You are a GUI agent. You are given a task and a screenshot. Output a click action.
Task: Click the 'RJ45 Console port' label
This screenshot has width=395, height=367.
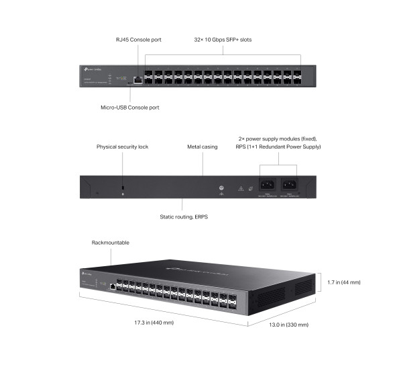[x=138, y=40]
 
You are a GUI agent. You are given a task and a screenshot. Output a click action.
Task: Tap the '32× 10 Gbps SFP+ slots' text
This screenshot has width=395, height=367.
[x=223, y=40]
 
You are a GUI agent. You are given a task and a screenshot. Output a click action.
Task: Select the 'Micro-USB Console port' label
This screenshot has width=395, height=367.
[x=125, y=107]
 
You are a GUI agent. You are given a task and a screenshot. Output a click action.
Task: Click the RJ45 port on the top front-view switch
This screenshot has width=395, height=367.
[x=137, y=79]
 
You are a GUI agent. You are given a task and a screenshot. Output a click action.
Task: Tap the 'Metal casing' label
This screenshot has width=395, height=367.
[x=203, y=146]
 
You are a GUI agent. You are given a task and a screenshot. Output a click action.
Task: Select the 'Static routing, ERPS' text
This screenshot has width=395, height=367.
[x=182, y=217]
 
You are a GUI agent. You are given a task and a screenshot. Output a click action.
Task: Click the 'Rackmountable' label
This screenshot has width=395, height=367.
[x=110, y=243]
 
